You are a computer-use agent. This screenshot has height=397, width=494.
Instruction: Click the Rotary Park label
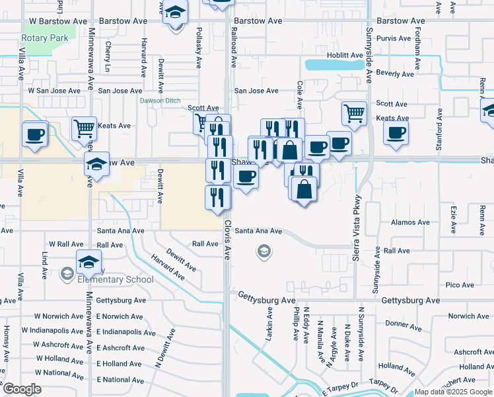45,38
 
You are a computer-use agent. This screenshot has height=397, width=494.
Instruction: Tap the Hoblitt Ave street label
344,55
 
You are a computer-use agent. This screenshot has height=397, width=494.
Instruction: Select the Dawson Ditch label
159,101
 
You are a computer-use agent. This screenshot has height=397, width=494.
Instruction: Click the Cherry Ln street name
108,58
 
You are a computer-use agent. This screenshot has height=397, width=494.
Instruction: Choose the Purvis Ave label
394,38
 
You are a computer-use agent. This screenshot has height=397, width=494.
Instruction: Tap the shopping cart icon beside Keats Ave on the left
85,128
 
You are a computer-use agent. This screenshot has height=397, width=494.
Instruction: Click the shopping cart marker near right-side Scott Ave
355,112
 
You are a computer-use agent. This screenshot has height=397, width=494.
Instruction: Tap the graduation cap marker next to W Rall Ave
88,262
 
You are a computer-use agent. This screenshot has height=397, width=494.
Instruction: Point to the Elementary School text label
115,279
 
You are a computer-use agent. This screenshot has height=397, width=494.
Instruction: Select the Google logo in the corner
22,389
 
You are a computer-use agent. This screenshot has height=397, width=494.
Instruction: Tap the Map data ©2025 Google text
452,392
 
